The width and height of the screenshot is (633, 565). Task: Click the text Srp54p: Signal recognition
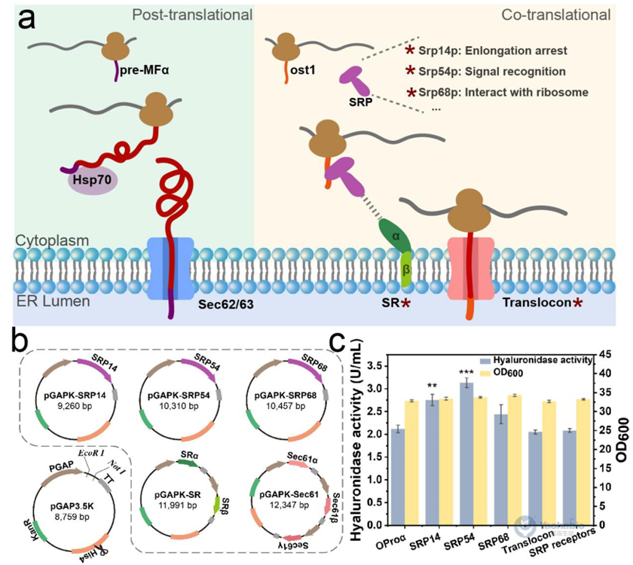(x=483, y=72)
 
